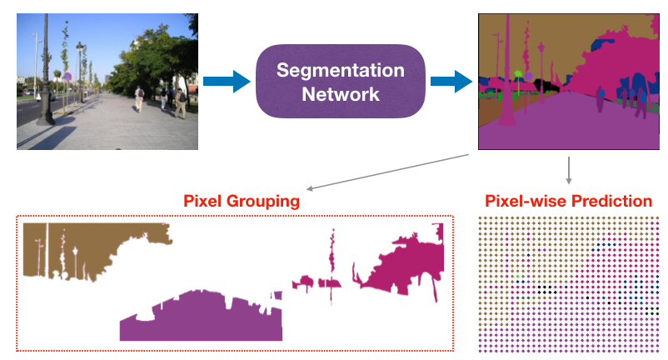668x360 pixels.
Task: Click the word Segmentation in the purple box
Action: click(341, 70)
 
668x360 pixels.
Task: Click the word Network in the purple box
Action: click(341, 93)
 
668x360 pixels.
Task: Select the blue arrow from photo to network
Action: click(227, 81)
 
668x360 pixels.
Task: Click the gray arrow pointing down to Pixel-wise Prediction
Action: click(568, 171)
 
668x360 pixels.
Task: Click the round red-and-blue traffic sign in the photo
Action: click(67, 77)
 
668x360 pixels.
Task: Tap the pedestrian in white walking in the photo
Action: click(139, 98)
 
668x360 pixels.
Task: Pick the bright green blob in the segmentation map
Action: click(518, 76)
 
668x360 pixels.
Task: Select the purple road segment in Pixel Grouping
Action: click(200, 317)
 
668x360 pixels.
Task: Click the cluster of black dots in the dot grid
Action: click(546, 289)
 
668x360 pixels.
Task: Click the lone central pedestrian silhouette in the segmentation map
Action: click(599, 100)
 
